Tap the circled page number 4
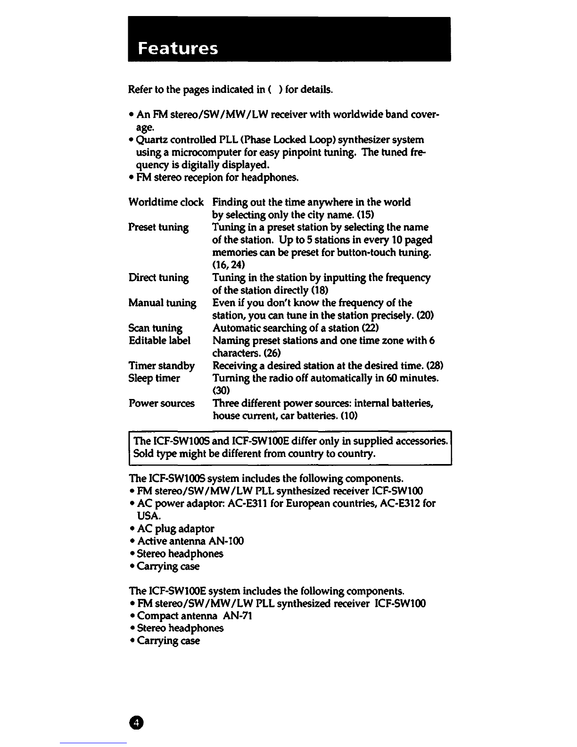click(136, 722)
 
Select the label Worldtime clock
click(166, 202)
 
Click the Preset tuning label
click(158, 227)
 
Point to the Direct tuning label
click(158, 278)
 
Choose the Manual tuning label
click(162, 303)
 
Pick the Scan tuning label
click(155, 328)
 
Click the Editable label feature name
click(159, 340)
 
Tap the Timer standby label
click(161, 366)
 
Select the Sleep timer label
click(154, 378)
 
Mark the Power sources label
click(161, 404)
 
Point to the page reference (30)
click(221, 390)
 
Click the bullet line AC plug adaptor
click(175, 529)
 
